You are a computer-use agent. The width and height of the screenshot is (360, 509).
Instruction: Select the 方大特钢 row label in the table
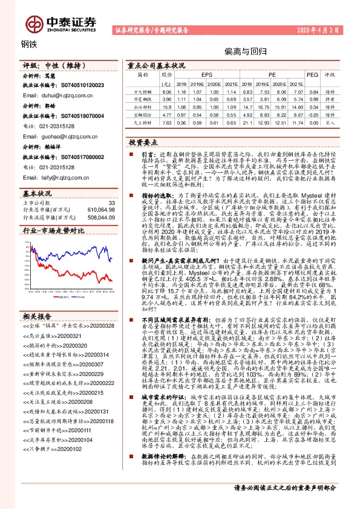143,90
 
